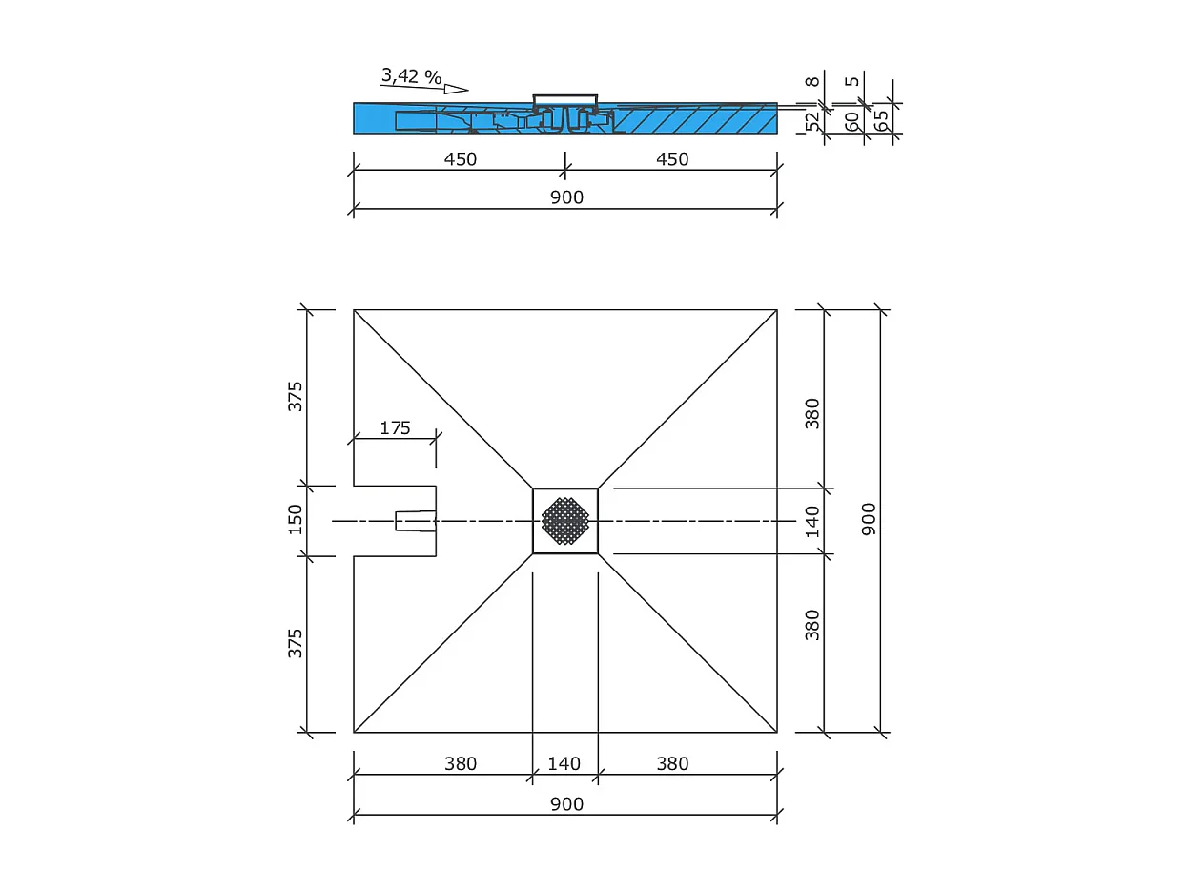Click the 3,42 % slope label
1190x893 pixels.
411,75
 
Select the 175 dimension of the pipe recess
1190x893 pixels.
395,427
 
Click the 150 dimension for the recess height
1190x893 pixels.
296,519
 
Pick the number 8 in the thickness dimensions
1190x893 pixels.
812,82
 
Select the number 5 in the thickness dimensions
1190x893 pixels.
851,82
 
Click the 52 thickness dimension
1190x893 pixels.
812,121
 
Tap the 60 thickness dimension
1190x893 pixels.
851,121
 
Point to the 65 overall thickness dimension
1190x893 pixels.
881,121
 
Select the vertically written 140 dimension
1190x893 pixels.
812,521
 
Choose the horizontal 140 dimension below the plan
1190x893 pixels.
564,763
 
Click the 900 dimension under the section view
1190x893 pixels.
566,197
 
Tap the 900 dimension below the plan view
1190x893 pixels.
566,804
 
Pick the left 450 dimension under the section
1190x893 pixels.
460,159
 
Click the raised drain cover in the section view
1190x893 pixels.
564,100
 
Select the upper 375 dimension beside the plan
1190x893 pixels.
296,395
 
